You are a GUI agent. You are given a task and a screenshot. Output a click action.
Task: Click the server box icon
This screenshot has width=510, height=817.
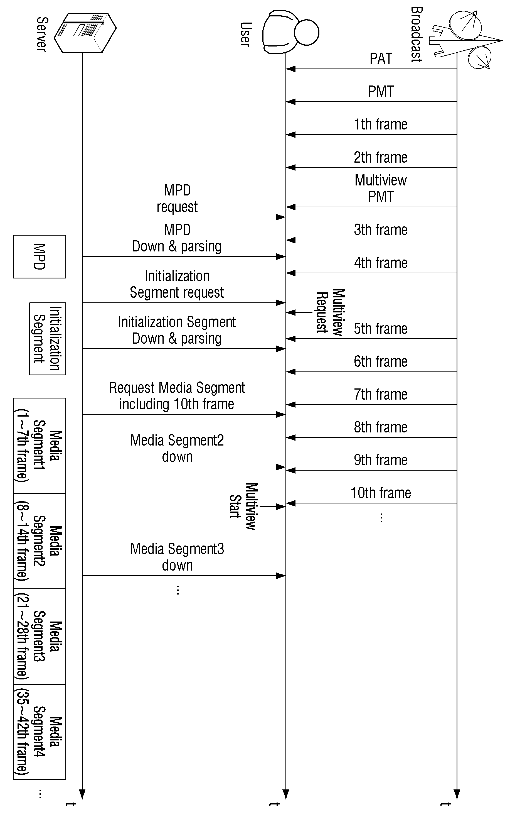point(85,33)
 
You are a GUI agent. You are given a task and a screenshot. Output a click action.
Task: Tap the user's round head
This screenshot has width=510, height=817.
point(306,32)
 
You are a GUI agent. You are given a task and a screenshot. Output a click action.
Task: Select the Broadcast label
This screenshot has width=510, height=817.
point(416,35)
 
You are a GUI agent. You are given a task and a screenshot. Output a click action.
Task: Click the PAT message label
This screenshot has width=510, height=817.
point(381,58)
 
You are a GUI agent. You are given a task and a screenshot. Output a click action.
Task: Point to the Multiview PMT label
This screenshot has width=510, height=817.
point(381,189)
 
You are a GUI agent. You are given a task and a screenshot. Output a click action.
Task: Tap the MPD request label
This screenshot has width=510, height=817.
point(177,199)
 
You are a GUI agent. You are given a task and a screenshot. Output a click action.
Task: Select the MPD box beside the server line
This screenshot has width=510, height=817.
point(40,256)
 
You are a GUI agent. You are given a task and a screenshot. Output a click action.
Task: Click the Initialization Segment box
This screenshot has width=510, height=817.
point(48,339)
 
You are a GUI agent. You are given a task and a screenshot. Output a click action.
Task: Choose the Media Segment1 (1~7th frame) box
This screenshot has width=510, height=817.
point(40,446)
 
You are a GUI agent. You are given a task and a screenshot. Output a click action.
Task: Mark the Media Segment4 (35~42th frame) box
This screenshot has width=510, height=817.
point(40,732)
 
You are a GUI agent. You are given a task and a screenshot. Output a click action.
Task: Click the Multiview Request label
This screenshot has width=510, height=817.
point(330,312)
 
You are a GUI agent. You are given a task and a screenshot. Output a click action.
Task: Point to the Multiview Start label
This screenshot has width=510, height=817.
point(243,507)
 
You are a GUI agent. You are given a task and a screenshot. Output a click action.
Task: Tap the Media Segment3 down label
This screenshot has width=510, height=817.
point(177,557)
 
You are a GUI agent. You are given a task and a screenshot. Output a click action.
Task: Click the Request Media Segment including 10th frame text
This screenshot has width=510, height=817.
point(177,396)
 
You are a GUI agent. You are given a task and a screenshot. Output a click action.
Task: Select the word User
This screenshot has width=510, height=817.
point(245,35)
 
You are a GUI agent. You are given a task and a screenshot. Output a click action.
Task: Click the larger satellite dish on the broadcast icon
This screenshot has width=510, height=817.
point(465,25)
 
